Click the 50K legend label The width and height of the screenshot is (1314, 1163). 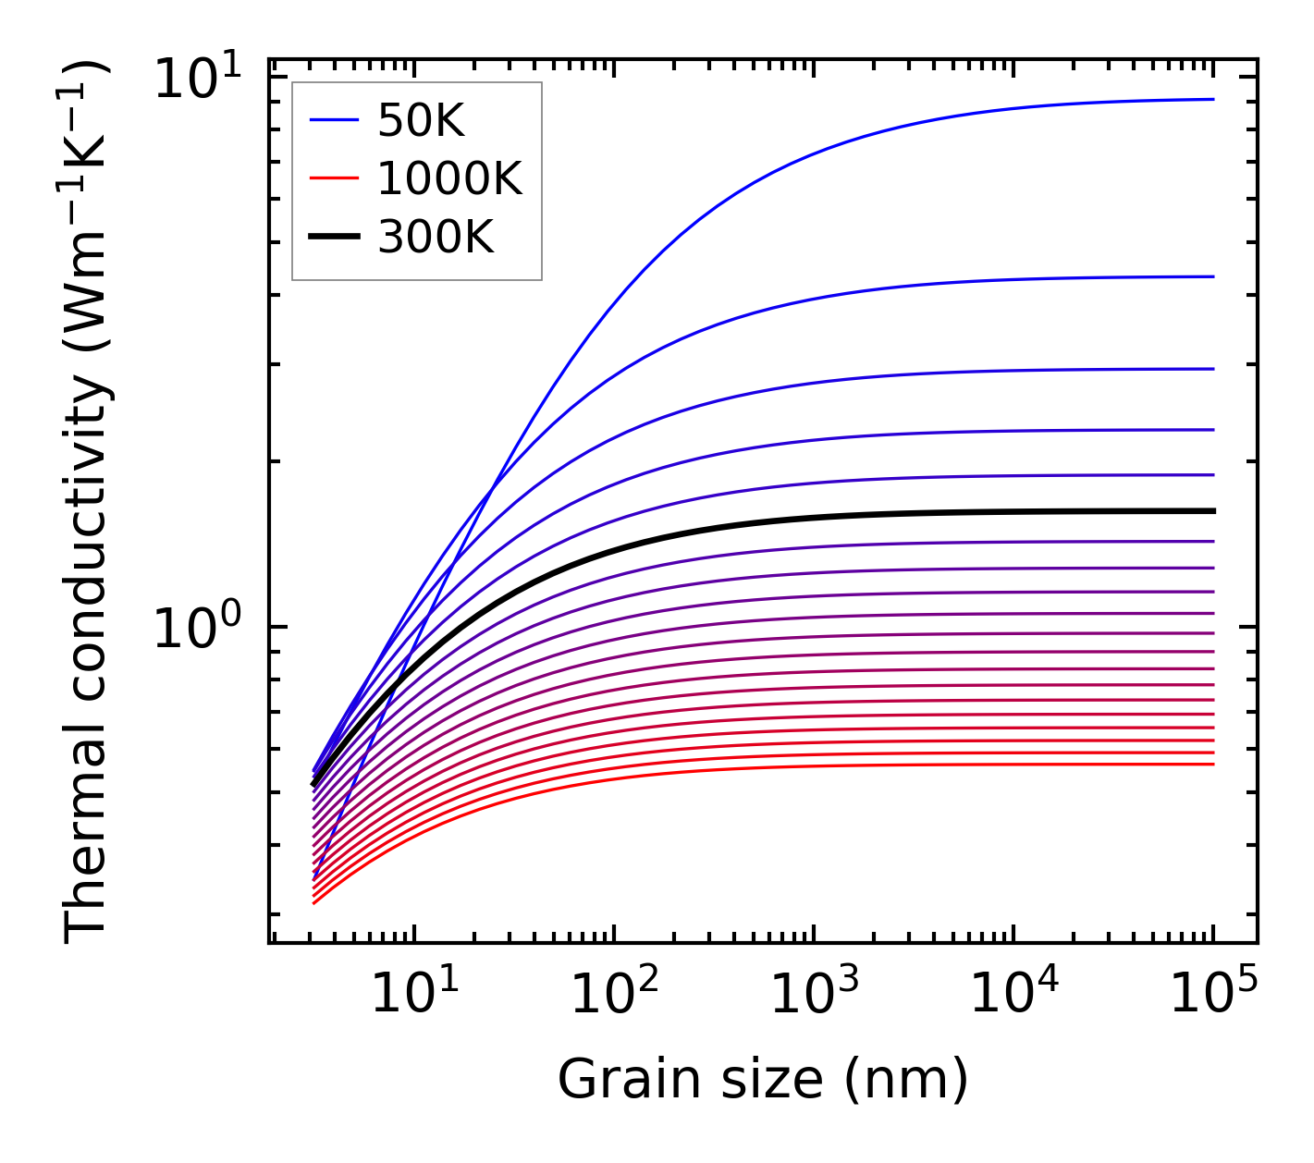421,120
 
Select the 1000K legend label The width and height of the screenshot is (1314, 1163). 449,178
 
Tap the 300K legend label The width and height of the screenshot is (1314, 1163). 436,238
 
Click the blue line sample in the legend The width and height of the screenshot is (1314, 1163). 333,119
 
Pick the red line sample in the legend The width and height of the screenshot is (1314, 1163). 333,178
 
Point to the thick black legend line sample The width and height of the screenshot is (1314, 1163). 333,238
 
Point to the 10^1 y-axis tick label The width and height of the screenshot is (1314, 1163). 195,79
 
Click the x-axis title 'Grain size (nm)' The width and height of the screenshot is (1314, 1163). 763,1079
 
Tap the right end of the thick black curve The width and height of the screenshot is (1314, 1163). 1212,510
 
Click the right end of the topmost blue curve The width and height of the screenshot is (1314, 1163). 1212,99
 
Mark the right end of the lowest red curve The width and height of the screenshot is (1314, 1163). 1212,764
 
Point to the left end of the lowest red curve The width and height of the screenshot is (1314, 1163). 314,903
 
